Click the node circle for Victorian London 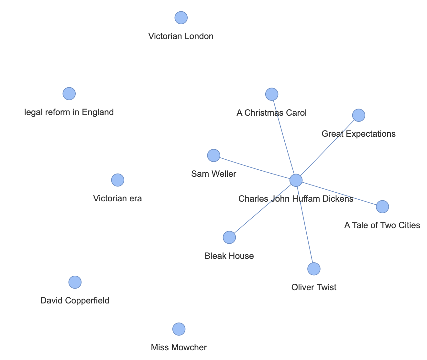pyautogui.click(x=181, y=18)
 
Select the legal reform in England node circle pyautogui.click(x=69, y=94)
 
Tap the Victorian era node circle pyautogui.click(x=117, y=180)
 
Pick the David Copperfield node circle pyautogui.click(x=75, y=282)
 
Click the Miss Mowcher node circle pyautogui.click(x=179, y=329)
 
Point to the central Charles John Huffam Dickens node pyautogui.click(x=296, y=180)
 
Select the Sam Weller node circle pyautogui.click(x=213, y=155)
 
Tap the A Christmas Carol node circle pyautogui.click(x=272, y=94)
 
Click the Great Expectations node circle pyautogui.click(x=358, y=115)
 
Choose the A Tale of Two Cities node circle pyautogui.click(x=382, y=206)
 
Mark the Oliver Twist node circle pyautogui.click(x=314, y=269)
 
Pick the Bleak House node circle pyautogui.click(x=229, y=238)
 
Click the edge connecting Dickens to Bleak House pyautogui.click(x=262, y=209)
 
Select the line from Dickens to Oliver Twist pyautogui.click(x=305, y=225)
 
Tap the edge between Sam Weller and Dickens pyautogui.click(x=255, y=168)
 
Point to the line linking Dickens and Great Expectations pyautogui.click(x=327, y=148)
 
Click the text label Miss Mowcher pyautogui.click(x=179, y=348)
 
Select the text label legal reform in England pyautogui.click(x=69, y=112)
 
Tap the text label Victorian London pyautogui.click(x=181, y=36)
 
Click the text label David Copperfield pyautogui.click(x=75, y=301)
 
